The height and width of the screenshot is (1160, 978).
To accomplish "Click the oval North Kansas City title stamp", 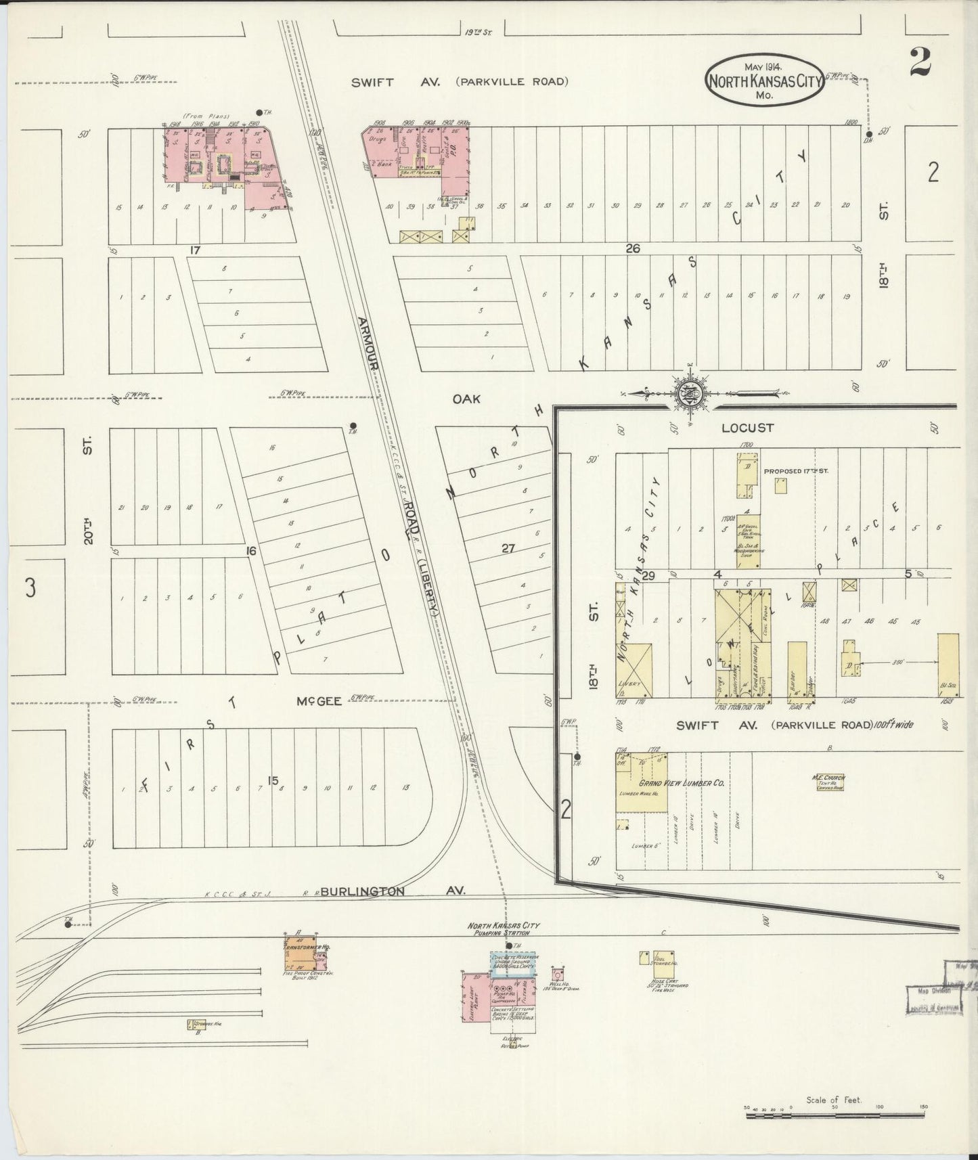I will pyautogui.click(x=763, y=81).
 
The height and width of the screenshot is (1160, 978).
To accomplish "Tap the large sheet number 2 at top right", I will pyautogui.click(x=920, y=62).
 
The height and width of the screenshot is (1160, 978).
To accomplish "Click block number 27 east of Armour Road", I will pyautogui.click(x=508, y=550).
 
